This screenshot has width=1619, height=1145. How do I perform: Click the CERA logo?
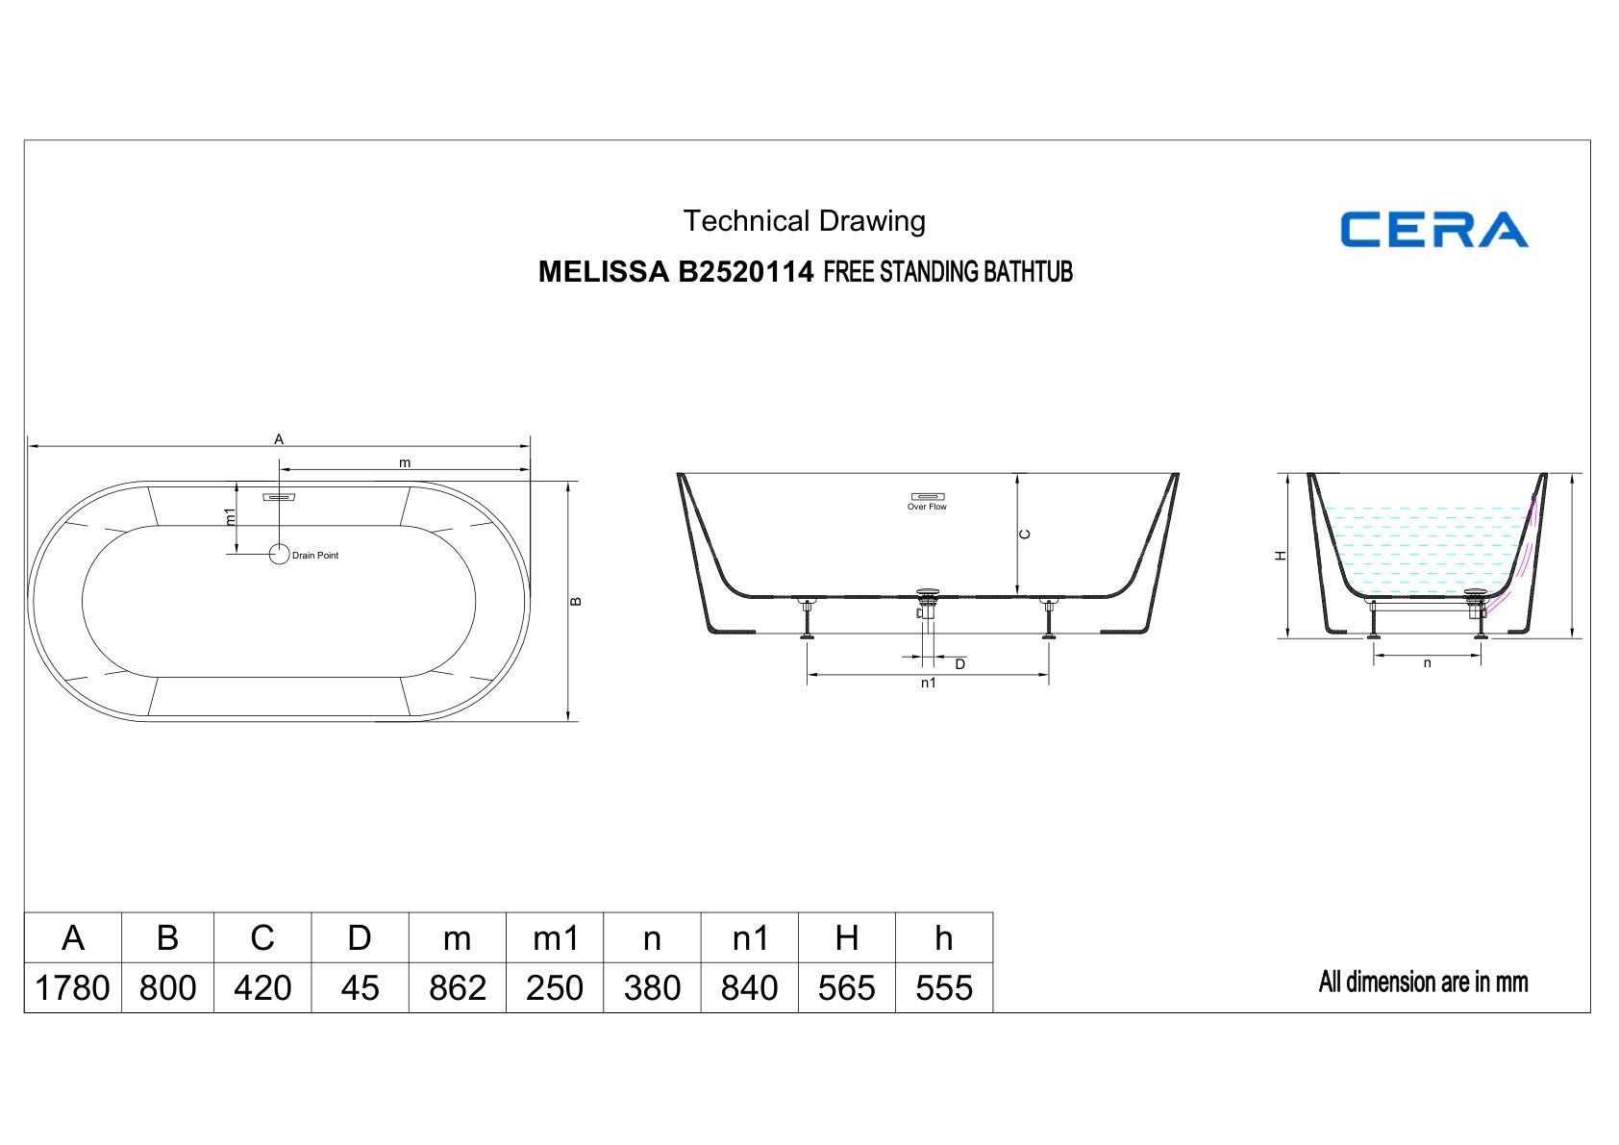tap(1434, 229)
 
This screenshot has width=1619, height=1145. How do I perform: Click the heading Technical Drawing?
tap(804, 221)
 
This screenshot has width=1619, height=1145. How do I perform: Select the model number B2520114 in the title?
tap(745, 272)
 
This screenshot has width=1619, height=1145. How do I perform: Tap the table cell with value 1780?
tap(72, 987)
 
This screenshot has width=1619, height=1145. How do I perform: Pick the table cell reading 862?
tap(457, 987)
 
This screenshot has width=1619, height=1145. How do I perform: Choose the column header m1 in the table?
tap(555, 938)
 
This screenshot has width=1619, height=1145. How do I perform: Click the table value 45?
tap(360, 987)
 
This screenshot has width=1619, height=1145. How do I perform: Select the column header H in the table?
tap(846, 938)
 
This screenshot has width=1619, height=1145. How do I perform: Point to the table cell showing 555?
tap(944, 987)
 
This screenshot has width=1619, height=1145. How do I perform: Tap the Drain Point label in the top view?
tap(315, 555)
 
